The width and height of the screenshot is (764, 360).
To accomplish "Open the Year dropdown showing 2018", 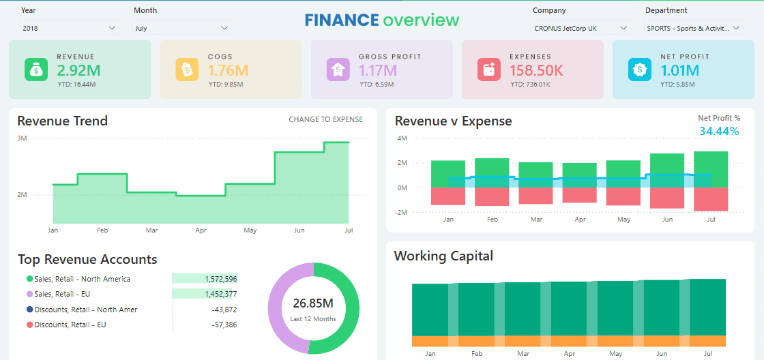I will point(69,28).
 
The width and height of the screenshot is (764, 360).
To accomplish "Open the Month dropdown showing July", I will point(181,28).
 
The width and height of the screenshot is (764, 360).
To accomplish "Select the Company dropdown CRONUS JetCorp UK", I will point(580,28).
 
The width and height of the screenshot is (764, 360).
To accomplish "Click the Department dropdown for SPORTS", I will point(693,28).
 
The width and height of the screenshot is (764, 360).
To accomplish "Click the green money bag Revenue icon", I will point(35,70).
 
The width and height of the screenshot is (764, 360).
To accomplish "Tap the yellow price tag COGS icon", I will point(186,70).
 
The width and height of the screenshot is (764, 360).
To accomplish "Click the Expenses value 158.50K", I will point(536,70).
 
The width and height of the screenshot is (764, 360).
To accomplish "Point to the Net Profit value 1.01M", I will point(679,70).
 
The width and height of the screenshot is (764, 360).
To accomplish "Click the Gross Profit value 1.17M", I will point(378,70).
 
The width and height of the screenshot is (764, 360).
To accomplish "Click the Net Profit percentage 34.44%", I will point(719,131).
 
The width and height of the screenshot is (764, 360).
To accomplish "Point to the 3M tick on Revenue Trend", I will point(22,138).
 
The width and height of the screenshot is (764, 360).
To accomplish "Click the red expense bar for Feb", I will point(492,196).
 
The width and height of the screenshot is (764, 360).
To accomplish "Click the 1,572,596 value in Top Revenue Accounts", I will point(220,279).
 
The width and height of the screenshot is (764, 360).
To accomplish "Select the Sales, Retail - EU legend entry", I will point(62,294).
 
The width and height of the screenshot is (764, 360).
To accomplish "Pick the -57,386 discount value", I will point(224,325).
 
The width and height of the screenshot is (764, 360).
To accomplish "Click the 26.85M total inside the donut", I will point(313,303).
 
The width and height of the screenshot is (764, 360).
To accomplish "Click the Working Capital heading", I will point(443,256).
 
